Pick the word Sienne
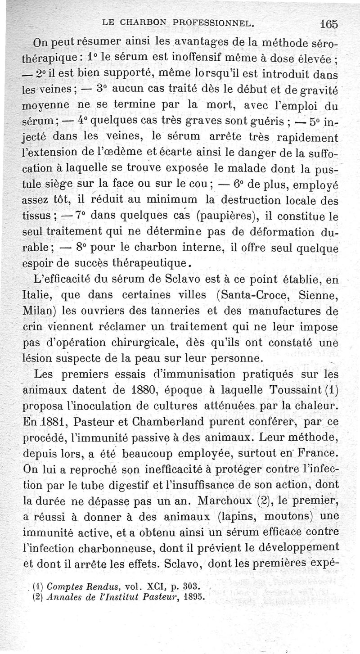pos(319,296)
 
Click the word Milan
pos(38,311)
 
